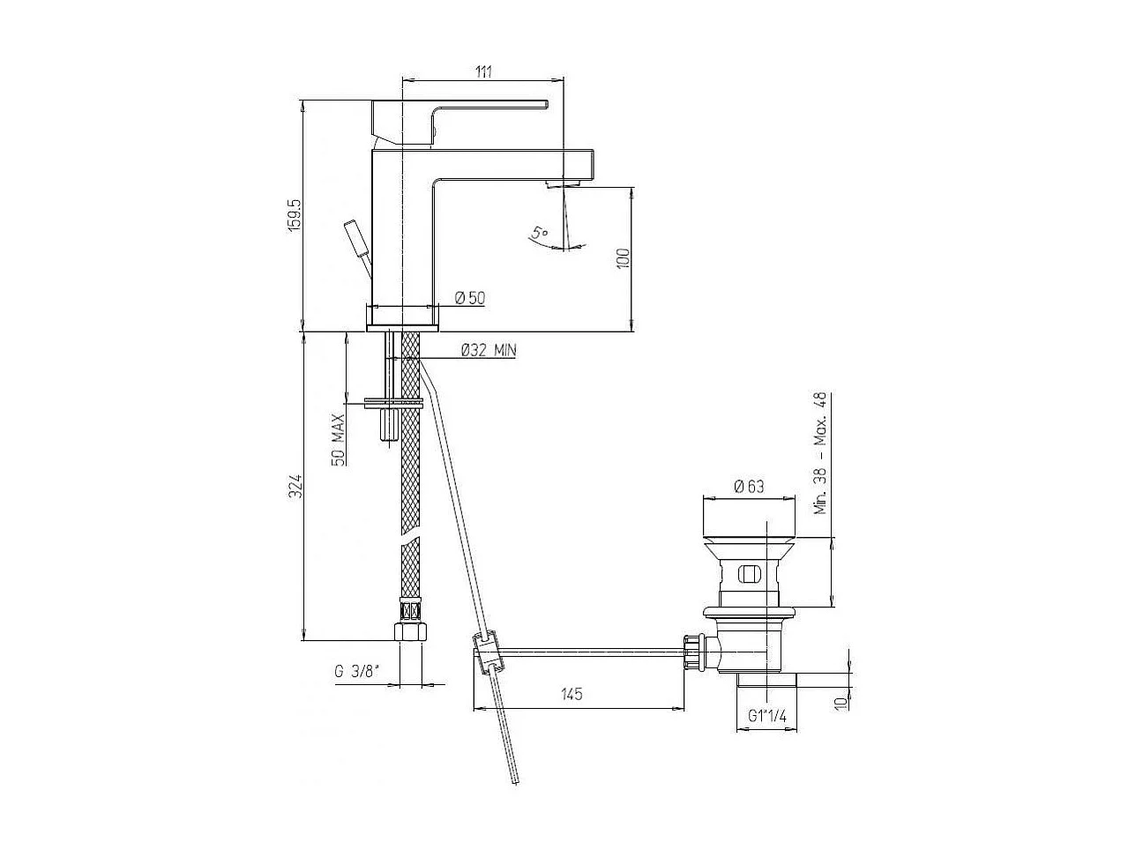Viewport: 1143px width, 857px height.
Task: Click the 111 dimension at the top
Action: coord(483,71)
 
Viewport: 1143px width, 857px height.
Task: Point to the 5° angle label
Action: coord(539,234)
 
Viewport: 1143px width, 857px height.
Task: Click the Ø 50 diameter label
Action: coord(470,298)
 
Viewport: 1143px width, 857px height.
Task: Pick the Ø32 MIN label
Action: coord(488,350)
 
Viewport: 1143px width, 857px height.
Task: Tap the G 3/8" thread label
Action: coord(356,671)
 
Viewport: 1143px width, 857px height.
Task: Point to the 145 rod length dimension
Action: coord(571,695)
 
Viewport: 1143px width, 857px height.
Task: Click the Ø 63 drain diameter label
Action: coord(749,486)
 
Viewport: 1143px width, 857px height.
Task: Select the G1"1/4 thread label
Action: coord(766,717)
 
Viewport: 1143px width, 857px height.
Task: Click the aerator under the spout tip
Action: coord(561,183)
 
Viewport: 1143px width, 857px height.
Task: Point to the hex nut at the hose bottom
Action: coord(411,631)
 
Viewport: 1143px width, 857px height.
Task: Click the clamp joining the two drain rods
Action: coord(487,652)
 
